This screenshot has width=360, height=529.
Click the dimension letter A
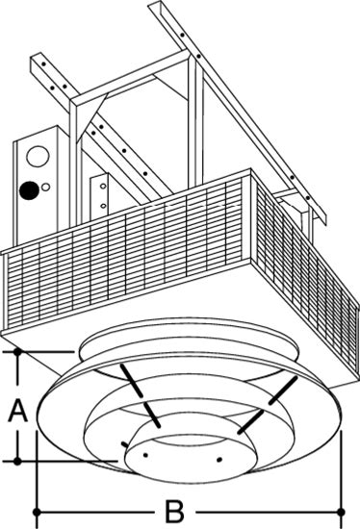click(x=18, y=411)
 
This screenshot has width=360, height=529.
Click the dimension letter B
click(x=174, y=512)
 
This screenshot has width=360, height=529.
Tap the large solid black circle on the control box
click(x=29, y=190)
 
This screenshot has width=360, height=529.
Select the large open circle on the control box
click(x=38, y=156)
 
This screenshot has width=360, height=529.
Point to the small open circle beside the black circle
click(x=46, y=187)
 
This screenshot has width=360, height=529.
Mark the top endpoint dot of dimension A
click(x=17, y=352)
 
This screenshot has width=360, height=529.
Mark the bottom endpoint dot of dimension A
click(x=17, y=461)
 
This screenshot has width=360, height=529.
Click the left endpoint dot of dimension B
click(x=37, y=512)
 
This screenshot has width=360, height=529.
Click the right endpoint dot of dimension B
click(x=342, y=512)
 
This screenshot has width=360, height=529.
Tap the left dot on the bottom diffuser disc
click(x=145, y=455)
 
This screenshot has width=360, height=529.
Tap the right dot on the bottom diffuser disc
click(x=219, y=459)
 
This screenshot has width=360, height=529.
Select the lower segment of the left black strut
click(x=153, y=416)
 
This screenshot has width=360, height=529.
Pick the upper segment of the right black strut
click(x=283, y=390)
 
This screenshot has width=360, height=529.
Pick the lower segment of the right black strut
click(x=250, y=422)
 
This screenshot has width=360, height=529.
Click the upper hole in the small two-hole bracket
click(x=103, y=186)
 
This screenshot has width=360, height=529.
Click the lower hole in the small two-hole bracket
click(x=103, y=206)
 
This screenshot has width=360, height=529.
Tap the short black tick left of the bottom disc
click(x=125, y=444)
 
